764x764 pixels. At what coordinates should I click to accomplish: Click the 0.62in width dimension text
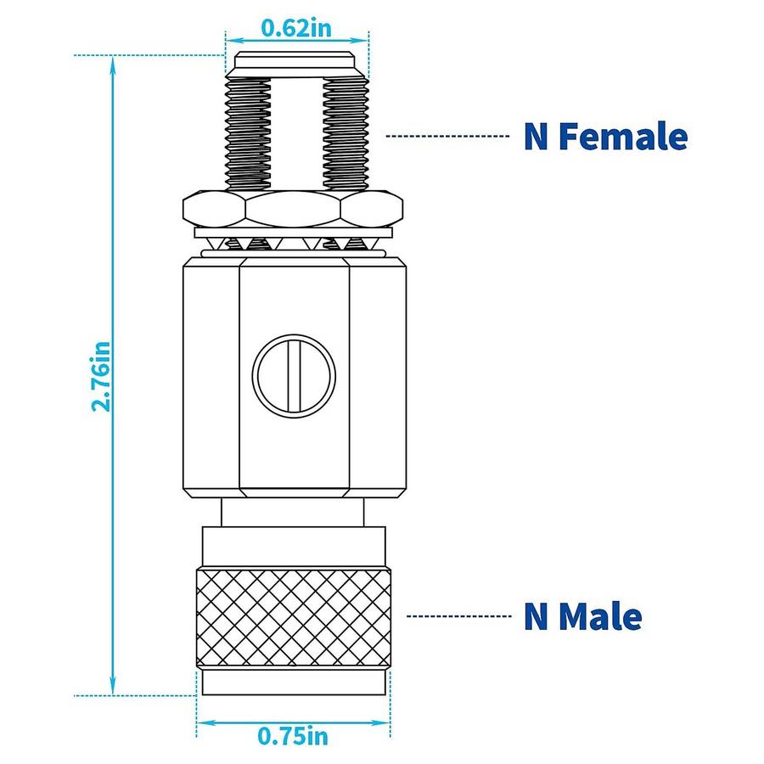(295, 28)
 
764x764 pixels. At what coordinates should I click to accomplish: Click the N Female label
(604, 137)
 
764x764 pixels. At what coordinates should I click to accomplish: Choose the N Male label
(582, 616)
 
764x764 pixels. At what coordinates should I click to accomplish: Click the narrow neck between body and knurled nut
(293, 512)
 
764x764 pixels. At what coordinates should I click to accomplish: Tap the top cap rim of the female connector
(296, 61)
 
